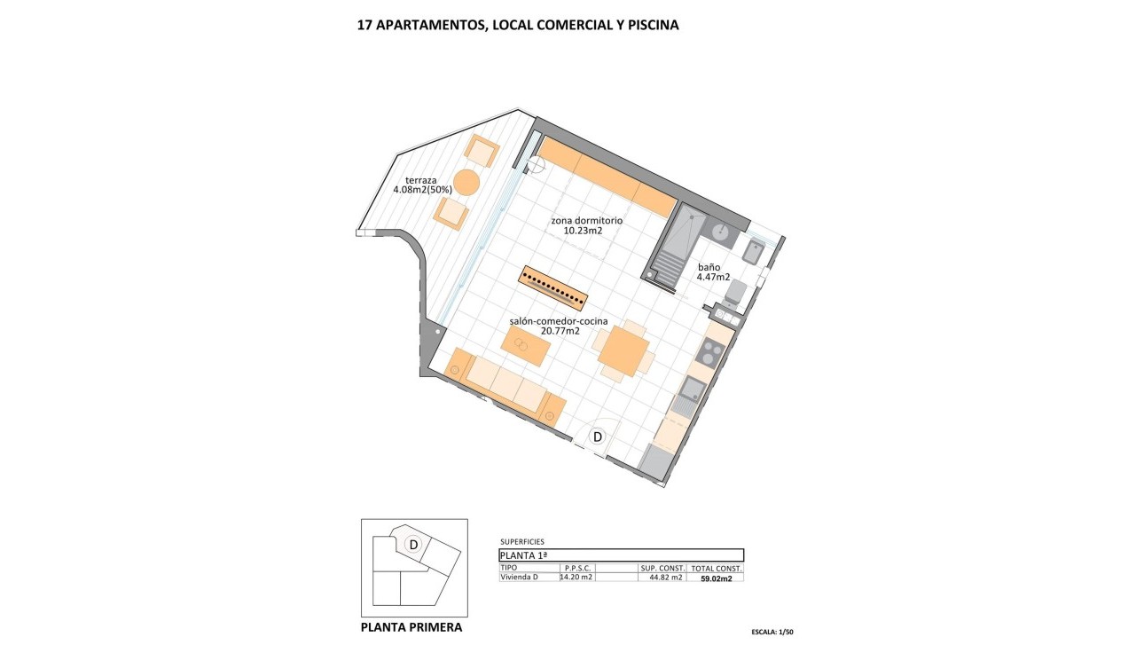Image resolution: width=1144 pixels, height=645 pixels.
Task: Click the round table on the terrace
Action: click(466, 183)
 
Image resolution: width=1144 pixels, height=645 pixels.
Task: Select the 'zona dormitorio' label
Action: click(586, 220)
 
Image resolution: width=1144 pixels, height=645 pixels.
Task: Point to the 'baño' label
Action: click(709, 266)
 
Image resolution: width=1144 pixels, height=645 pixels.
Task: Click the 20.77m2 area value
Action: click(560, 331)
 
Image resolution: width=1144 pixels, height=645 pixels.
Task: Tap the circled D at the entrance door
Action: click(598, 437)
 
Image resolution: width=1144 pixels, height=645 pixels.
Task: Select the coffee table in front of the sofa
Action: click(527, 346)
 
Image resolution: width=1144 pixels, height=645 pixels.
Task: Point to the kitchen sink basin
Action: click(693, 388)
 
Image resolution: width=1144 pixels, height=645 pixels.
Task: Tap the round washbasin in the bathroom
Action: click(721, 232)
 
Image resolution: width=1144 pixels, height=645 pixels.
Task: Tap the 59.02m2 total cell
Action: click(717, 578)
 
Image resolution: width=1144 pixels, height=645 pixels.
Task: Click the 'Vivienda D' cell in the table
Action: click(520, 577)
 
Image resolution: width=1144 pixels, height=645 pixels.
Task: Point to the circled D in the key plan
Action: click(412, 544)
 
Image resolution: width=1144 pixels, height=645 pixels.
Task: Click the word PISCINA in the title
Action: click(650, 25)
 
